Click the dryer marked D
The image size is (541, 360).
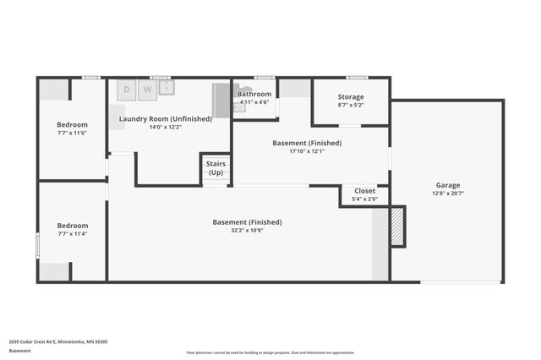click(x=128, y=89)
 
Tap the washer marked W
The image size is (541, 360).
click(x=147, y=89)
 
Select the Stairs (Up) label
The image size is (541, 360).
click(x=216, y=167)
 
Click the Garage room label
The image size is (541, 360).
click(x=447, y=185)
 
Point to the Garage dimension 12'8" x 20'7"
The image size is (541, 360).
click(x=447, y=194)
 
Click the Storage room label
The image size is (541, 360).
click(x=351, y=97)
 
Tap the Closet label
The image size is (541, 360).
click(x=364, y=191)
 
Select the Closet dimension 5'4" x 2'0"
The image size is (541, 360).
click(x=364, y=199)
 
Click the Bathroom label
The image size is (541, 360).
click(x=254, y=94)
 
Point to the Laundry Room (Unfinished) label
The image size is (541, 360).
click(x=166, y=119)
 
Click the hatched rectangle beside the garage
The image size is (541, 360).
click(x=397, y=226)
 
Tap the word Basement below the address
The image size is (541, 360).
click(x=19, y=351)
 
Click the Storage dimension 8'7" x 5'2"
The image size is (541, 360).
click(x=351, y=105)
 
